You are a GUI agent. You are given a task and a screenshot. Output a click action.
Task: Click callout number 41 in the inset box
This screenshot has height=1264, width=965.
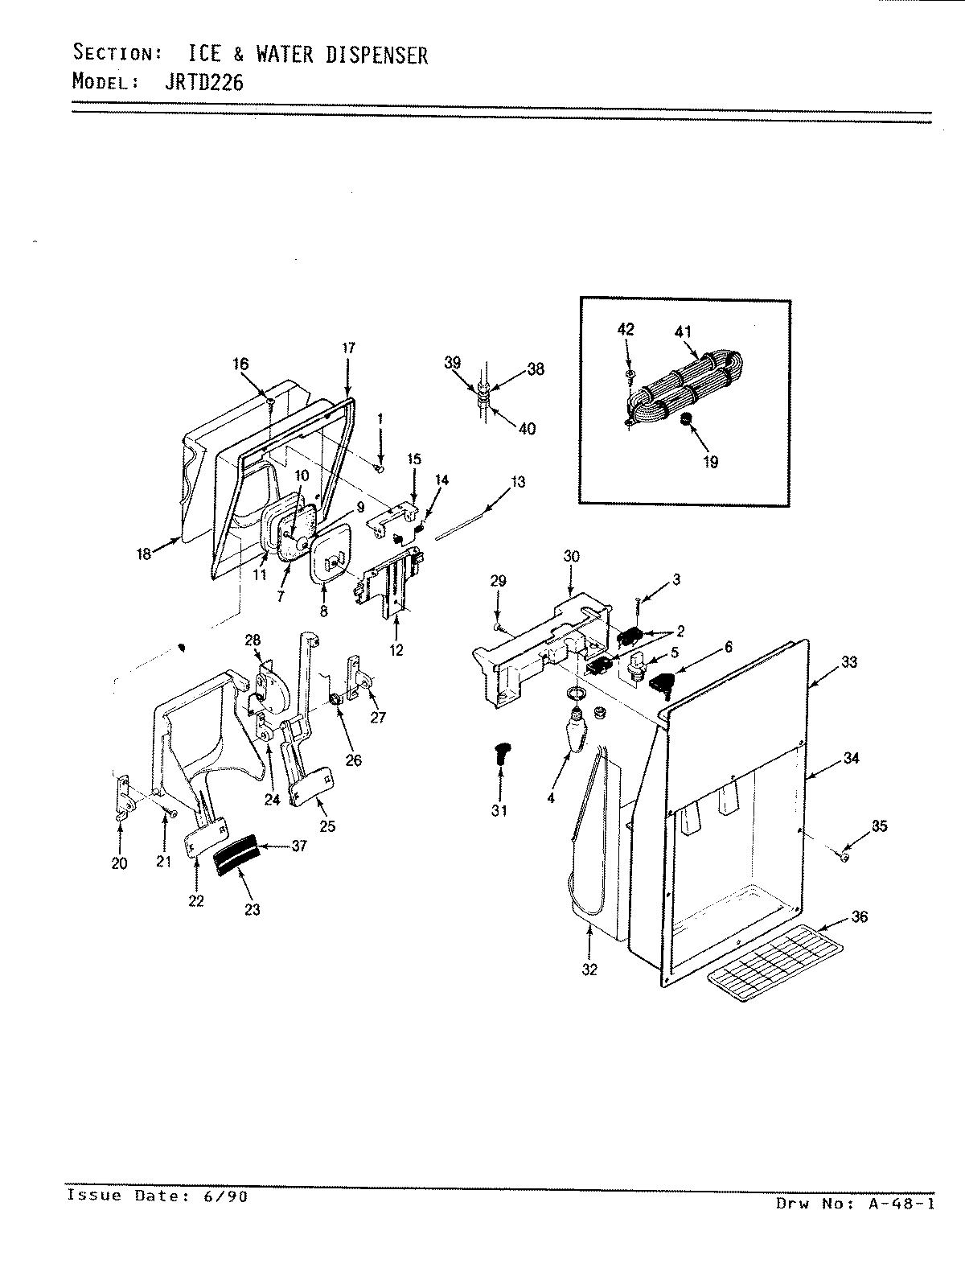[x=683, y=331]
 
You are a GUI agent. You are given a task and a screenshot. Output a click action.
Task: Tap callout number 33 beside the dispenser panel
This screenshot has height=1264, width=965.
[x=848, y=662]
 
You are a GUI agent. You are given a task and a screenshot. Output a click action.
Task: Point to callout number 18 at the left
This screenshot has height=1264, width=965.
[x=145, y=554]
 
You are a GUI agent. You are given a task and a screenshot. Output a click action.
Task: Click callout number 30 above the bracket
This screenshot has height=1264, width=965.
[x=572, y=556]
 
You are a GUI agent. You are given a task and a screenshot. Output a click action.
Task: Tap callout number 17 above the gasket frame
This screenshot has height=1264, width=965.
[x=347, y=348]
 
